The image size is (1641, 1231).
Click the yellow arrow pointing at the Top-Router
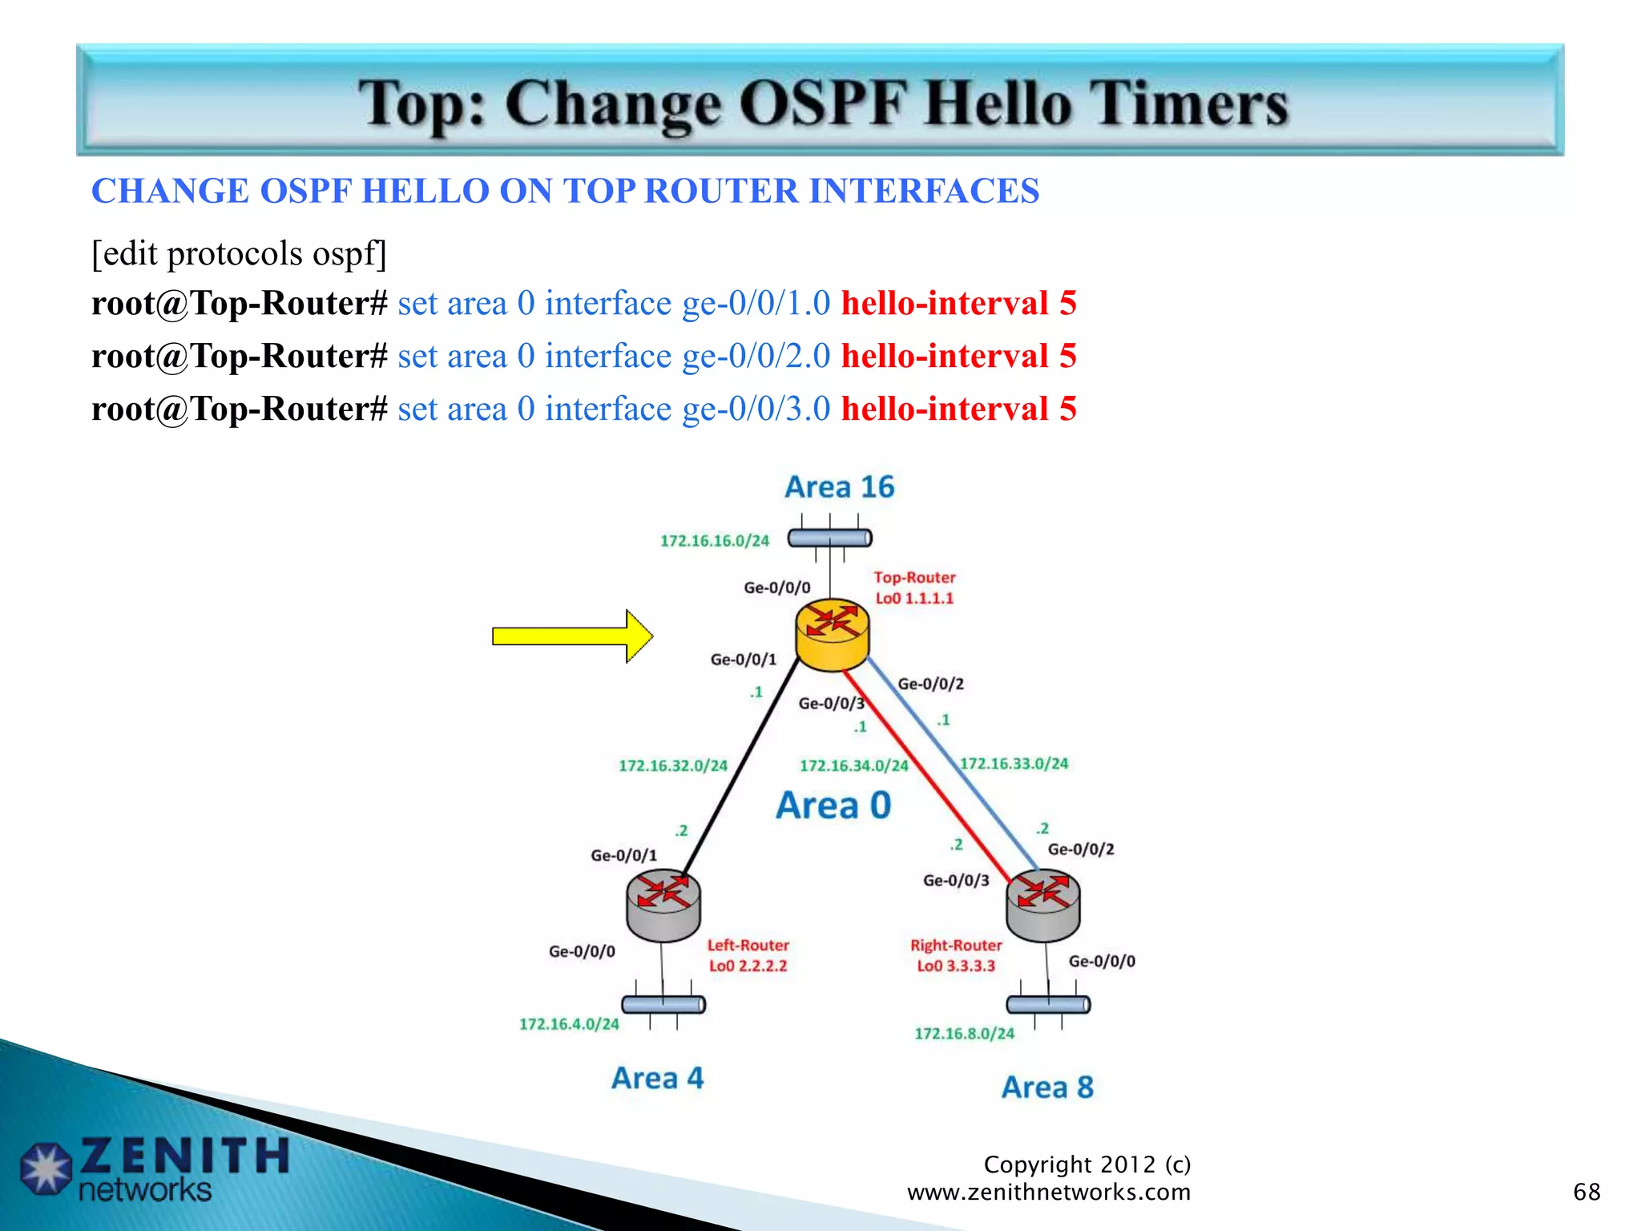point(571,636)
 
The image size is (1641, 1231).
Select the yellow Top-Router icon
point(832,635)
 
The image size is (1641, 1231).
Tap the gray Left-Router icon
point(663,906)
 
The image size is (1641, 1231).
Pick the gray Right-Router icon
point(1042,906)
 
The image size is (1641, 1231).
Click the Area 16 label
point(839,487)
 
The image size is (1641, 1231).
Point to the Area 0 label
point(833,805)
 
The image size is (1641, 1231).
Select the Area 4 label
point(657,1079)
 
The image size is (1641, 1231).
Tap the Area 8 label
point(1047,1088)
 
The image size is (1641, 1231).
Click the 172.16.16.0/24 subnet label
point(714,541)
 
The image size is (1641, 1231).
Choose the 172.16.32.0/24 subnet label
point(673,766)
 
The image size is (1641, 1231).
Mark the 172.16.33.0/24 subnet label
point(1014,764)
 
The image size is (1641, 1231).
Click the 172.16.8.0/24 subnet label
point(964,1034)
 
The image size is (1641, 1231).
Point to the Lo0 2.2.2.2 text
point(748,967)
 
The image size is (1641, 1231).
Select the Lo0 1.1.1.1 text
point(914,599)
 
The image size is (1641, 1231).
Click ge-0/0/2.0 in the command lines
point(756,357)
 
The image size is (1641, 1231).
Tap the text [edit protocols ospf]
point(239,254)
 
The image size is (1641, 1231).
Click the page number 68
point(1587,1192)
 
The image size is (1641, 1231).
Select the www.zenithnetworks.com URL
point(1048,1193)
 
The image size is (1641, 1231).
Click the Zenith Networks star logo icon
point(46,1168)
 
